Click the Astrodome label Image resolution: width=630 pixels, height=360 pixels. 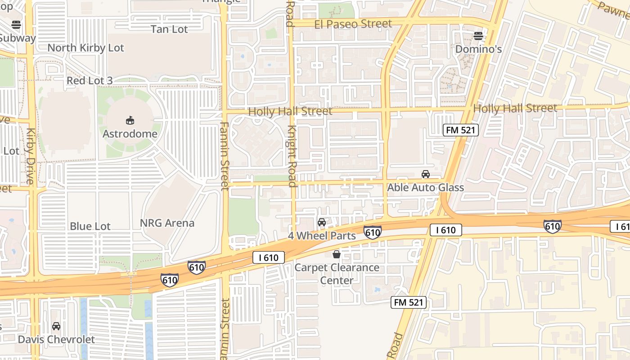(x=130, y=134)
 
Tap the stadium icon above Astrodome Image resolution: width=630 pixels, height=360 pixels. (x=130, y=120)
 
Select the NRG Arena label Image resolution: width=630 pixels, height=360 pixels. (x=167, y=223)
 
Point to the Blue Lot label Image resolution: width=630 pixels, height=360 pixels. (x=90, y=226)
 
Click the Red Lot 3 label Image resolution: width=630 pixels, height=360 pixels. (x=90, y=81)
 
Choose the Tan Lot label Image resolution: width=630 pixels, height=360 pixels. (x=169, y=29)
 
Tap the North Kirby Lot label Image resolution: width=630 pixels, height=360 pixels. (x=85, y=48)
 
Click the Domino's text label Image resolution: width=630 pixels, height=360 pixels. (x=478, y=49)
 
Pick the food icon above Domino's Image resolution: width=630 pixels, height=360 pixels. (x=478, y=36)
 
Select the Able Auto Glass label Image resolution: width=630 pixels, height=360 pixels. (x=425, y=187)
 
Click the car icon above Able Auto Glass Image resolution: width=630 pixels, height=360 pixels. (x=425, y=174)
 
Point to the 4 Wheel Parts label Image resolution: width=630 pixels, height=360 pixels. (x=322, y=235)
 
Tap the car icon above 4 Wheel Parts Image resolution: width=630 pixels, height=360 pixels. (x=322, y=222)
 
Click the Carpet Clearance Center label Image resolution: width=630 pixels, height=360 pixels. (x=337, y=274)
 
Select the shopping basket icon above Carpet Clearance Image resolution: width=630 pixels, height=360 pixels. (x=336, y=255)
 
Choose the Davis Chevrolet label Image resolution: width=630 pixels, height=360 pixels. (x=56, y=339)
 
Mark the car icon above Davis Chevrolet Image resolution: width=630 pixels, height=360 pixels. (x=56, y=326)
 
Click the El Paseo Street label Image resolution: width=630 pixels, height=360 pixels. (x=353, y=24)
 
